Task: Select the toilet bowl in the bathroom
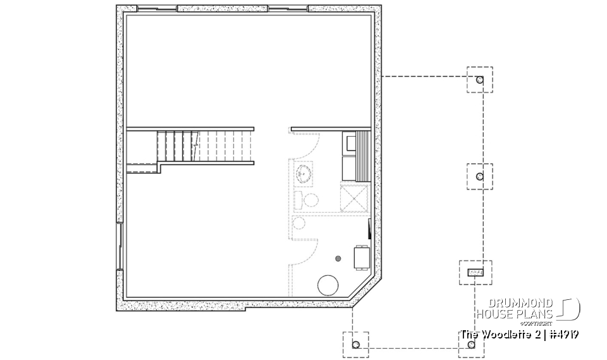[310, 201]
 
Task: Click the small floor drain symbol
[338, 258]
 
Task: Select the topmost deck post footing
[479, 80]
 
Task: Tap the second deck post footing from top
[479, 176]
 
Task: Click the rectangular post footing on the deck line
[474, 272]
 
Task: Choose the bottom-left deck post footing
[355, 344]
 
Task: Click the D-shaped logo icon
[569, 308]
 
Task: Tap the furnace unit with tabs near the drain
[361, 257]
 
